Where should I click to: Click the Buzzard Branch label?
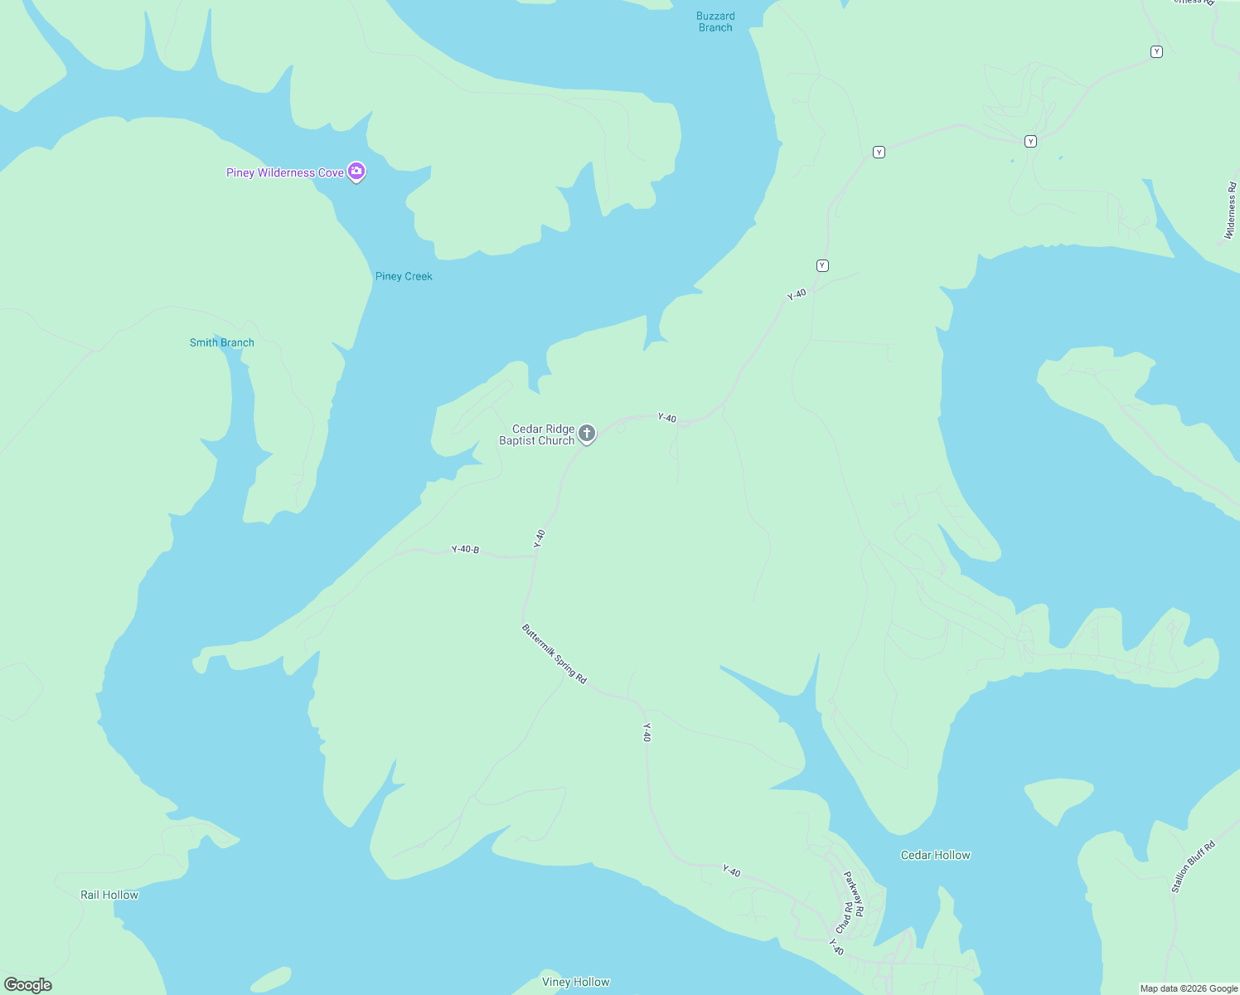coord(715,22)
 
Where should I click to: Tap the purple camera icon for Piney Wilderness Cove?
coord(356,172)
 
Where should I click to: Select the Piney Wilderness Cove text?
coord(284,172)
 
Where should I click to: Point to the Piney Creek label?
coord(404,276)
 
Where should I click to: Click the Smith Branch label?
coord(221,342)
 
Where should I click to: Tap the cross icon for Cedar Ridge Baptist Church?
coord(587,433)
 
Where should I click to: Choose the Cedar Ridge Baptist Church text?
coord(538,434)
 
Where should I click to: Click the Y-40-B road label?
coord(465,549)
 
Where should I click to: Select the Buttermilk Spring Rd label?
coord(554,654)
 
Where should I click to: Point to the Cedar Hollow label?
coord(935,855)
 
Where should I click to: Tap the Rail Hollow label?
coord(109,895)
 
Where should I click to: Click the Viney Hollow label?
coord(575,982)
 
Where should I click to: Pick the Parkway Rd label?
coord(854,893)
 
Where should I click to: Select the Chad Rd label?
coord(844,918)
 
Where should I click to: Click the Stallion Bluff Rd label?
coord(1193,867)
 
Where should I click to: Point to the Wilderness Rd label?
coord(1231,211)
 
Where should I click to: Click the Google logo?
coord(28,985)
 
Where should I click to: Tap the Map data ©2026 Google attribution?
coord(1189,988)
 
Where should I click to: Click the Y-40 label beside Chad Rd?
coord(836,947)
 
